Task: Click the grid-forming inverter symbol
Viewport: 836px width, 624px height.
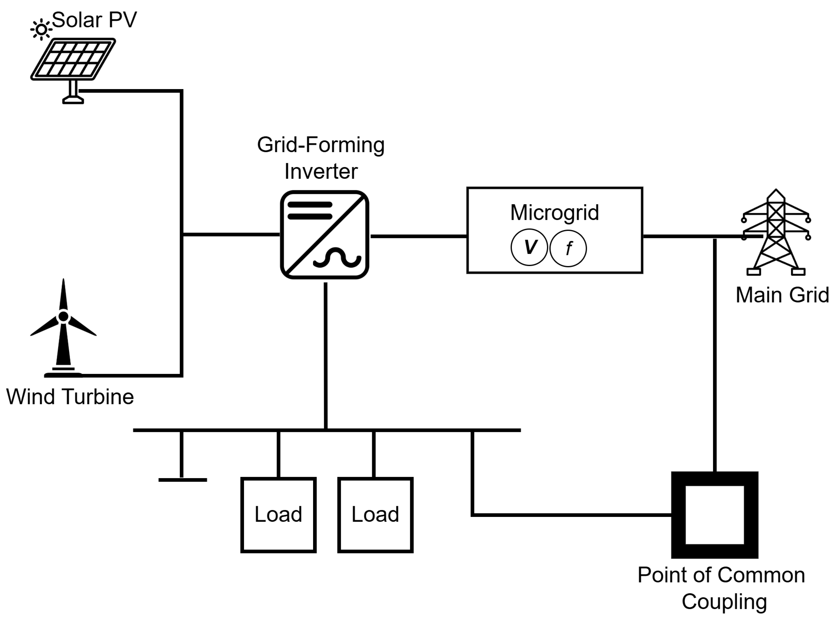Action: tap(324, 234)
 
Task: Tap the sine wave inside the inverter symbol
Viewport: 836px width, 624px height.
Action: tap(337, 258)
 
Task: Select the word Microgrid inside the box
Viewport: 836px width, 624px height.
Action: tap(554, 212)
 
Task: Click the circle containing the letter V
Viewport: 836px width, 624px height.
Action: tap(529, 247)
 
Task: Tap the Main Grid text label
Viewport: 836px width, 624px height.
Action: tap(782, 295)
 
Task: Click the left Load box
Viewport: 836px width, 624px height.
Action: tap(278, 515)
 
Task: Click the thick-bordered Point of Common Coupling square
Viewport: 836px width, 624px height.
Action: tap(714, 515)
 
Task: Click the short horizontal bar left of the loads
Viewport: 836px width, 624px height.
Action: tap(182, 480)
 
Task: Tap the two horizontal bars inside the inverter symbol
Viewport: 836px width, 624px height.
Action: tap(310, 210)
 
